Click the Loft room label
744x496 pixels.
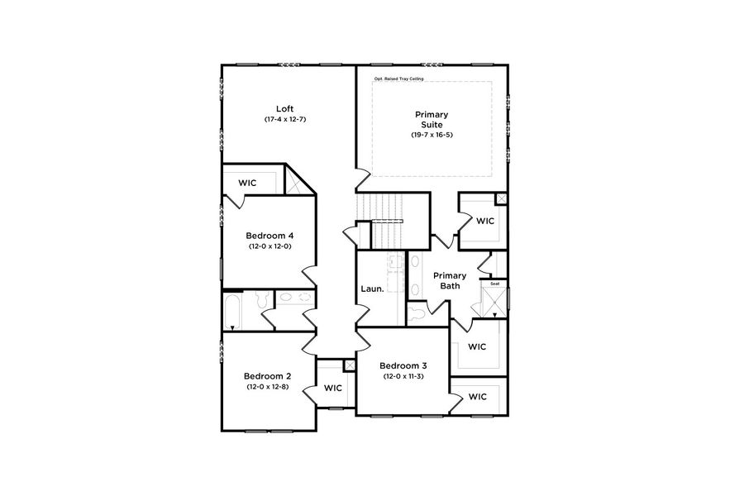click(285, 108)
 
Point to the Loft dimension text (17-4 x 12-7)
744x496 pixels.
click(285, 120)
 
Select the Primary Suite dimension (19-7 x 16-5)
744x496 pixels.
click(432, 135)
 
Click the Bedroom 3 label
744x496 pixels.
click(403, 365)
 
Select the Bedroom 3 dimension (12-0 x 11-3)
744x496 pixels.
click(403, 377)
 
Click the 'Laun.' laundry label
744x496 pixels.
click(371, 289)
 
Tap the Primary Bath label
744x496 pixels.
click(450, 281)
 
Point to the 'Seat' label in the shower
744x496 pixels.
click(494, 284)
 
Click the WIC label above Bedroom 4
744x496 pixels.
click(248, 182)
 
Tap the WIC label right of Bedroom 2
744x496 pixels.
click(333, 388)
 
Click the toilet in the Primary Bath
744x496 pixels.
click(416, 312)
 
